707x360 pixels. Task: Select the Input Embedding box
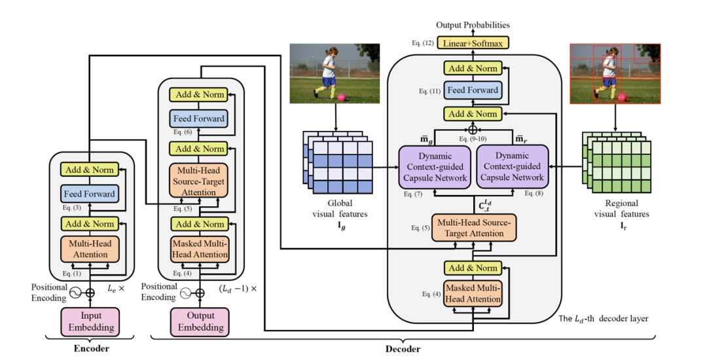tap(90, 321)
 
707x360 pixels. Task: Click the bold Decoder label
tap(401, 349)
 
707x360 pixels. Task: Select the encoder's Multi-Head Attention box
tap(90, 249)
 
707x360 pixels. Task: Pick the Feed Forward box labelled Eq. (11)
tap(473, 90)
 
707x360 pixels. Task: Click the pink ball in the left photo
tap(341, 98)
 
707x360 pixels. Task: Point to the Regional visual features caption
tap(621, 209)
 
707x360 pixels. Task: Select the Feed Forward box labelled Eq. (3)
tap(90, 194)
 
